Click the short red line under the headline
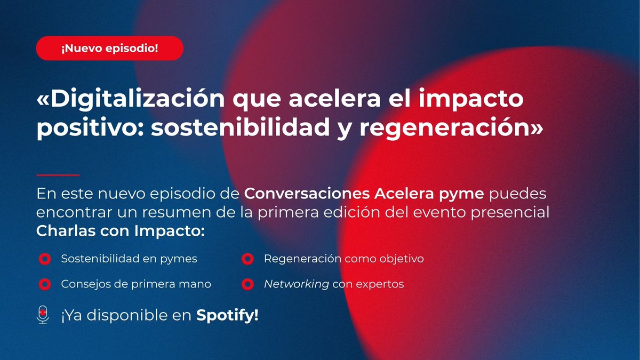click(x=58, y=175)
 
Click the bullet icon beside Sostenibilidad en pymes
click(x=44, y=259)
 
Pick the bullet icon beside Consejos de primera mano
click(x=44, y=284)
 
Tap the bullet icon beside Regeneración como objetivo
click(x=247, y=259)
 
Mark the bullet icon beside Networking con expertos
click(x=247, y=284)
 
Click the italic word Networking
click(x=296, y=284)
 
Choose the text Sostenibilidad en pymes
click(x=129, y=259)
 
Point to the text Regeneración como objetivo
click(x=344, y=259)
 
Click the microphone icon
click(x=43, y=315)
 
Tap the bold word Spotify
click(x=227, y=315)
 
